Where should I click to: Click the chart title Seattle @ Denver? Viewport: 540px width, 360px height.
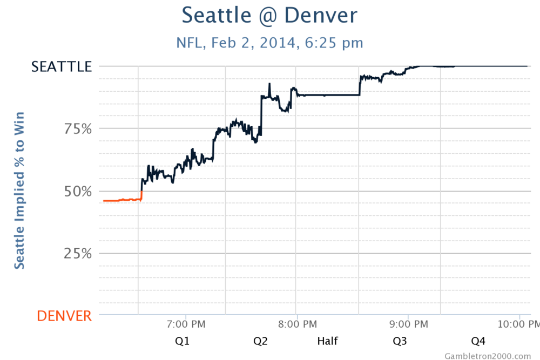point(269,15)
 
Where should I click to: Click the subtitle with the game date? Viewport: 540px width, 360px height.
point(269,42)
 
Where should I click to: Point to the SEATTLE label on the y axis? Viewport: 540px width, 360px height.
point(62,66)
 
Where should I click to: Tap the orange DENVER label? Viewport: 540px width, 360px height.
point(64,316)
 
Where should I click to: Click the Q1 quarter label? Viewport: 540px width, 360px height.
point(182,341)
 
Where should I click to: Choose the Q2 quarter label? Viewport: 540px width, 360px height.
point(260,341)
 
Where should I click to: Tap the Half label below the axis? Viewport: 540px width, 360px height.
point(327,341)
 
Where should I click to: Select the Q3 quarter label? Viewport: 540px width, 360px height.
point(400,341)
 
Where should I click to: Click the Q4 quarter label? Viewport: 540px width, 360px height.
point(478,341)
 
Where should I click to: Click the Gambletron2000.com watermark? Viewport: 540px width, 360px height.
point(488,356)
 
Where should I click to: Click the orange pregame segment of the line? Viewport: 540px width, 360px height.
point(122,200)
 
